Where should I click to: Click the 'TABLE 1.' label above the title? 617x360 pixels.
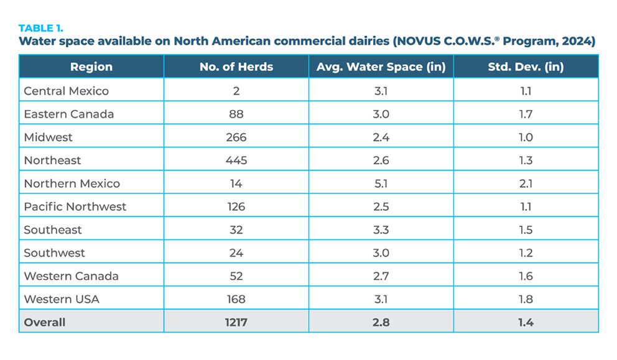pos(41,29)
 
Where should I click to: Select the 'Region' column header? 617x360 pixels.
pos(91,67)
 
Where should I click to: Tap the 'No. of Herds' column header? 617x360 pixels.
pos(236,67)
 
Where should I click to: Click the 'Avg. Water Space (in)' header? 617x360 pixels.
pos(381,67)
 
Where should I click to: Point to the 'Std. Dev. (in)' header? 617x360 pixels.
pos(526,67)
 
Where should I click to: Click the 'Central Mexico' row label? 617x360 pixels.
pos(66,91)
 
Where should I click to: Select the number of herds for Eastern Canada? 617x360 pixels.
pos(236,114)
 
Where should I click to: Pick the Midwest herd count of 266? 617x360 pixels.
pos(236,137)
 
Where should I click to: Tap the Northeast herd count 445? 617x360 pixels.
pos(236,160)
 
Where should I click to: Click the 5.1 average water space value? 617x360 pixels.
pos(381,183)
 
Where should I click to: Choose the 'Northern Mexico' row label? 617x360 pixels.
pos(72,183)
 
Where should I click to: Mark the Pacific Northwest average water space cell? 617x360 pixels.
pos(381,206)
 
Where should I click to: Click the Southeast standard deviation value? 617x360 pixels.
pos(526,230)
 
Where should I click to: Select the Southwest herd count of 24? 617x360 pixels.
pos(236,253)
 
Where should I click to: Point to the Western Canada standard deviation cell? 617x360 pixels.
pos(526,276)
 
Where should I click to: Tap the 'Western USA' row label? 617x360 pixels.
pos(62,299)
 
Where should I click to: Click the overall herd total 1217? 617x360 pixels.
pos(236,322)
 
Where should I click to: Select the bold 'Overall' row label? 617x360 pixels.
pos(44,322)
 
